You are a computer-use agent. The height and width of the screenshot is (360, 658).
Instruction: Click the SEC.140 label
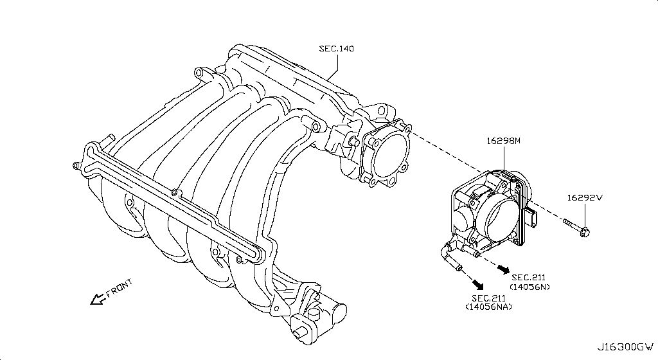336,49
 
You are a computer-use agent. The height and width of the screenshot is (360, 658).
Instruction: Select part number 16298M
502,139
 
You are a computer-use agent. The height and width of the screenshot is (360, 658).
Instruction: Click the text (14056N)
529,286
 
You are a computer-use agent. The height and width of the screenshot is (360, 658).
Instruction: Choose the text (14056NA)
488,307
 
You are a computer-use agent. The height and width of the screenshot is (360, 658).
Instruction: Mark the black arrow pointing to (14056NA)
476,283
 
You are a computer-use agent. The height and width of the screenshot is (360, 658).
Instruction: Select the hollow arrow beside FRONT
97,298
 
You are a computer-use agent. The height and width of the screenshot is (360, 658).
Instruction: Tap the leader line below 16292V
585,213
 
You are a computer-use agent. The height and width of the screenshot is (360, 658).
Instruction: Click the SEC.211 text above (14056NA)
488,298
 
